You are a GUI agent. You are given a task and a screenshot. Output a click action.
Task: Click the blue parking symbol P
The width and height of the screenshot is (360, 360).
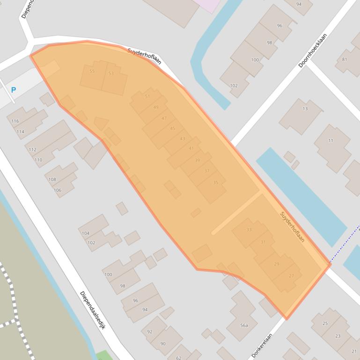(x=14, y=90)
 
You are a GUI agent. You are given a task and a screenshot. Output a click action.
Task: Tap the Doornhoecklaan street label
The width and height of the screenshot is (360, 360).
(x=313, y=50)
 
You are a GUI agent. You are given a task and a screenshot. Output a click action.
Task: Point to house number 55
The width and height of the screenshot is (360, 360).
(x=92, y=71)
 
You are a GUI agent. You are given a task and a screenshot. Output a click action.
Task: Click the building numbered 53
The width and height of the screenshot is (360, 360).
(x=111, y=73)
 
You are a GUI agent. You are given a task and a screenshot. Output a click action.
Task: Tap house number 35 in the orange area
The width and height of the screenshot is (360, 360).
(x=215, y=182)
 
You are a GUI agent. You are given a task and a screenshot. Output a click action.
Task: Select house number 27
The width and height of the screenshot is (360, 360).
(x=292, y=276)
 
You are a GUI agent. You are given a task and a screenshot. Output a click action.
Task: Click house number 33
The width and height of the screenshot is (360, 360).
(x=249, y=230)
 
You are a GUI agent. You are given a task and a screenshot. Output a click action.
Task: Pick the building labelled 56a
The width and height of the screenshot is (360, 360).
(x=244, y=325)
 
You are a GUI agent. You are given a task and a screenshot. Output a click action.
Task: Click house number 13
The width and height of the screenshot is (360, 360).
(x=305, y=108)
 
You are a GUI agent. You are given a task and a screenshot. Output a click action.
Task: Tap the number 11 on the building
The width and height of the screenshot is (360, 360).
(x=331, y=140)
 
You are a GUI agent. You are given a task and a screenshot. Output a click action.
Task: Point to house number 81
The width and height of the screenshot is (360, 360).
(x=345, y=59)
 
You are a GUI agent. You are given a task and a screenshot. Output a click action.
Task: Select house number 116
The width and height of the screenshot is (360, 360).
(x=15, y=121)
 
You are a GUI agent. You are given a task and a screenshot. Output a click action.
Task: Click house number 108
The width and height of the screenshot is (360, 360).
(x=52, y=180)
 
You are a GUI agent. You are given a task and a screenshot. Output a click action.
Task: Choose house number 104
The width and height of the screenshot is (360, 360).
(x=85, y=233)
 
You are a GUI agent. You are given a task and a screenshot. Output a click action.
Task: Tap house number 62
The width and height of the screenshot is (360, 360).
(x=178, y=358)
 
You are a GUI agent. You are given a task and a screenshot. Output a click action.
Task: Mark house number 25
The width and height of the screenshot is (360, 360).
(x=325, y=323)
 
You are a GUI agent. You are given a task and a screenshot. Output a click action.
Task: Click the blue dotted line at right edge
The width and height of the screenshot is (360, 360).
(x=344, y=245)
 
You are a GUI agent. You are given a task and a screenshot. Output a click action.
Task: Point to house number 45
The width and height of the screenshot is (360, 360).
(x=173, y=128)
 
